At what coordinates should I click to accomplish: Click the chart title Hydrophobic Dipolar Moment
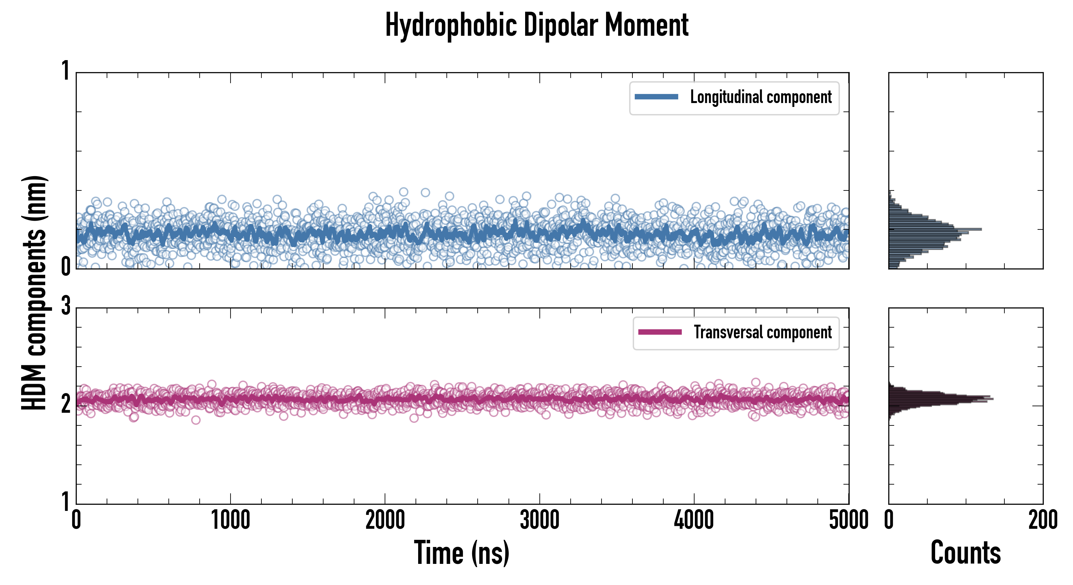coord(536,25)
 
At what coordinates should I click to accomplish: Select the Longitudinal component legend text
coord(761,97)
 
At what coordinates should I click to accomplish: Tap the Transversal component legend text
coord(763,332)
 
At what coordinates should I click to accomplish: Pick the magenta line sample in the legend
coord(660,332)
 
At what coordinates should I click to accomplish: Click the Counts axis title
coord(965,552)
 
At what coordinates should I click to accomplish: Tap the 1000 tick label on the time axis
coord(230,520)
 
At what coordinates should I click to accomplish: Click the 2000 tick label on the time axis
coord(385,520)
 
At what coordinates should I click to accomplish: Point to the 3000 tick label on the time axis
coord(539,520)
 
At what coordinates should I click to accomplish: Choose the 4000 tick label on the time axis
coord(694,520)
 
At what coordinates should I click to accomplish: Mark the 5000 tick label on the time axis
coord(849,520)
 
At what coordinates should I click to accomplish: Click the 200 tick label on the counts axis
coord(1043,520)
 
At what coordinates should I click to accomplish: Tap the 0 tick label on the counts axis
coord(889,520)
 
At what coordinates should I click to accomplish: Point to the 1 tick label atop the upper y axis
coord(66,71)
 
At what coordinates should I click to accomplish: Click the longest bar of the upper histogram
coord(935,229)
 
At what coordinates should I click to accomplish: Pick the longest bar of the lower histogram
coord(941,399)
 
